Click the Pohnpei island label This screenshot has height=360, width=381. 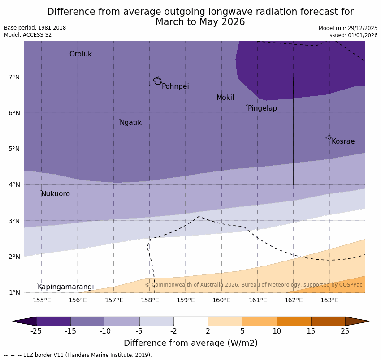click(175, 86)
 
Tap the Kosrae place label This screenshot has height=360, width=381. click(343, 141)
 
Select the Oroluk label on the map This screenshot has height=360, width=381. click(80, 54)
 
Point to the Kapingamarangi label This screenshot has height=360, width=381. click(65, 287)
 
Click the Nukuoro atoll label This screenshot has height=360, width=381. click(56, 194)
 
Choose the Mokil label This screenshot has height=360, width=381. click(225, 98)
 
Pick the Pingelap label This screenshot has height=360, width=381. click(262, 108)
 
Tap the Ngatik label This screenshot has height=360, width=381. click(130, 123)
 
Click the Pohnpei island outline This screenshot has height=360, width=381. click(157, 81)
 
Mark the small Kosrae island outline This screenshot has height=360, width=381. click(329, 137)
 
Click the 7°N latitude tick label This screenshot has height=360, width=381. click(14, 77)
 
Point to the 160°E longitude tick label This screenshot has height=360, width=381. click(221, 300)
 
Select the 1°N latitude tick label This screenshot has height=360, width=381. click(14, 292)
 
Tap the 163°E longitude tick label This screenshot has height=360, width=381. click(329, 300)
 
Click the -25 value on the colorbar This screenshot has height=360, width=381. click(36, 331)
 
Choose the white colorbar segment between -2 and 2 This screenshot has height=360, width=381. click(190, 321)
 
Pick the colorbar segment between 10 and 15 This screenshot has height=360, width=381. click(294, 321)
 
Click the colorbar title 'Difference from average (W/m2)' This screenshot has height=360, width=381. click(190, 343)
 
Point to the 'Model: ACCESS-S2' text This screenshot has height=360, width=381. click(28, 35)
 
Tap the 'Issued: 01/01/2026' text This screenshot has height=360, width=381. click(352, 35)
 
